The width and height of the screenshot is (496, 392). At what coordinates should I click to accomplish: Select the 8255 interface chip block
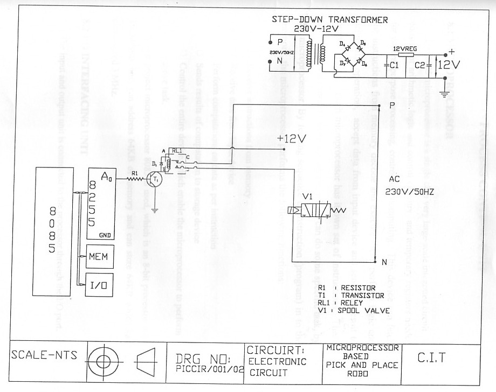[x=101, y=200]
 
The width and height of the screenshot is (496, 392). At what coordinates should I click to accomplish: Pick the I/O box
[x=101, y=285]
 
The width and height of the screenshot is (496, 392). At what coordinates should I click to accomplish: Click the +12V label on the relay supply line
[x=292, y=138]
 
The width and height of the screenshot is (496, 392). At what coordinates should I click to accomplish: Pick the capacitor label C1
[x=395, y=65]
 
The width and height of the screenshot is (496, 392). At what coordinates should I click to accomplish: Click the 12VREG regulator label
[x=403, y=47]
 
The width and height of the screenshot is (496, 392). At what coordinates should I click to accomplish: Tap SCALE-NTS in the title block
[x=43, y=355]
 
